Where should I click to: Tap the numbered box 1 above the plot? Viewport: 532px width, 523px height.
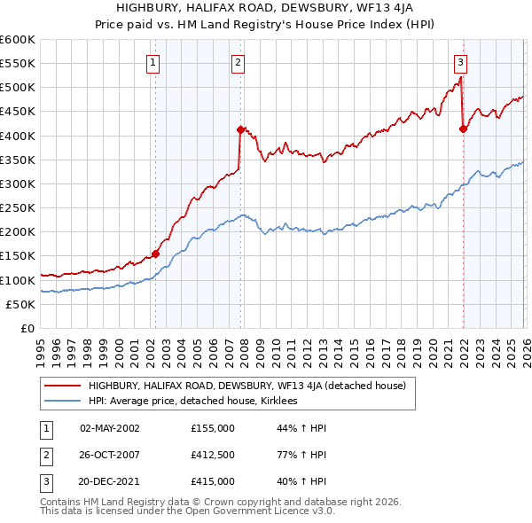click(x=153, y=62)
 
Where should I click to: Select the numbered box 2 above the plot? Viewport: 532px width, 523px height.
click(x=239, y=62)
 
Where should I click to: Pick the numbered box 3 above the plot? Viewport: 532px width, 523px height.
click(x=461, y=62)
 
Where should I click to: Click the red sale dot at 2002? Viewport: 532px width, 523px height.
click(x=155, y=254)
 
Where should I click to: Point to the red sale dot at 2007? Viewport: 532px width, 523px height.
click(x=240, y=129)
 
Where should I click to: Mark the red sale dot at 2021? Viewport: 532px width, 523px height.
click(x=463, y=129)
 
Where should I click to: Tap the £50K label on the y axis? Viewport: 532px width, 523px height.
click(x=21, y=304)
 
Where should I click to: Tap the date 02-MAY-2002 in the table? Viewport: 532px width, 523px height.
click(x=109, y=428)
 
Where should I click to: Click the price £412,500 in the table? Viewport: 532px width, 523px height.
click(x=213, y=455)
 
